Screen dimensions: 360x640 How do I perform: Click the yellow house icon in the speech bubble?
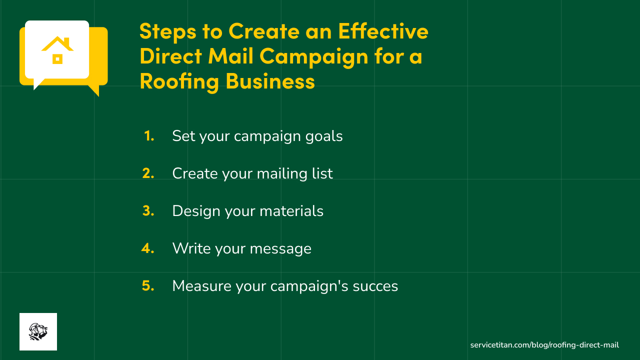pos(57,50)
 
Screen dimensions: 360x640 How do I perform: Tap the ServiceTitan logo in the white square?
pos(38,331)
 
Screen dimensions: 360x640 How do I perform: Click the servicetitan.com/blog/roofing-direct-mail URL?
pos(544,345)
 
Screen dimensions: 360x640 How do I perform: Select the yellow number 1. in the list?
pos(149,136)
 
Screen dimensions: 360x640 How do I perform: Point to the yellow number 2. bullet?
pos(148,173)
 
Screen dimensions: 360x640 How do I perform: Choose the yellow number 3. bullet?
pos(148,211)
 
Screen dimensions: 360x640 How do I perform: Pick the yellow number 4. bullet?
pos(148,248)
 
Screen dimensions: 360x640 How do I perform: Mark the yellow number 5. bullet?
pos(148,286)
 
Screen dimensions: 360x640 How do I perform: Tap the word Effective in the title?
pos(383,32)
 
